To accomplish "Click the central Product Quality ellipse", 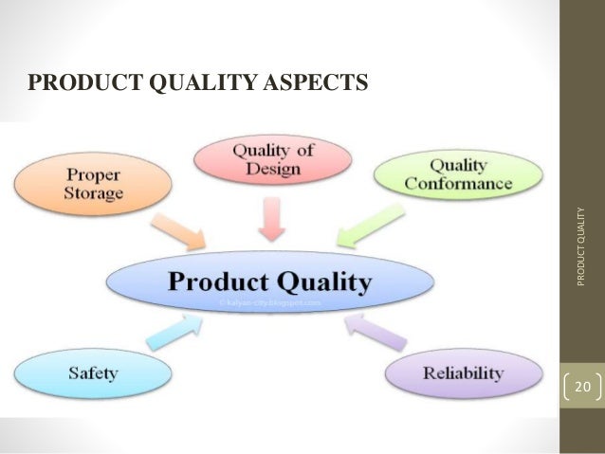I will coord(270,281).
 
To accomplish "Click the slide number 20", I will coord(582,387).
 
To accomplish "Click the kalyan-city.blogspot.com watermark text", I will coord(270,302).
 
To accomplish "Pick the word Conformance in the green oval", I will coord(459,184).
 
